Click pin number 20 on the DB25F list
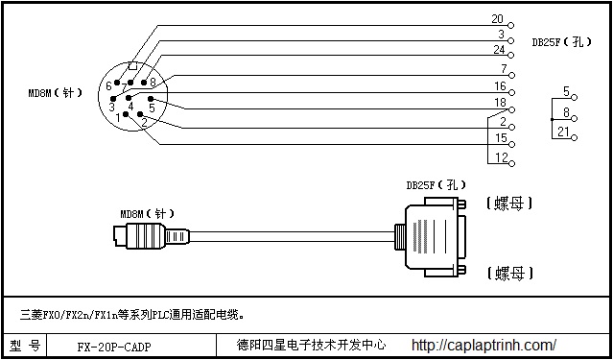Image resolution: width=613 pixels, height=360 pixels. pos(497,18)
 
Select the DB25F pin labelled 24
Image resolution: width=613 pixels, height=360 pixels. pos(499,50)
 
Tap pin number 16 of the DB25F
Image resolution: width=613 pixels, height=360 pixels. pos(500,85)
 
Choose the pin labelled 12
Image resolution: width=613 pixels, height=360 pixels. pos(502,156)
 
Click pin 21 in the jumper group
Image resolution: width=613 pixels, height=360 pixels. pos(565,132)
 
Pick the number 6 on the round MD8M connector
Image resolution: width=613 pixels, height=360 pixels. pos(108,86)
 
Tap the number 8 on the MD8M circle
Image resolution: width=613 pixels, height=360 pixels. pos(153,83)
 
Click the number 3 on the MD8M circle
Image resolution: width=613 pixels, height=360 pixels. pos(111,108)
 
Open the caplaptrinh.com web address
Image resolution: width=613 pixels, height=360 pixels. pos(483,345)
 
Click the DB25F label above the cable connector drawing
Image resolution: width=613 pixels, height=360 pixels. pos(436,184)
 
